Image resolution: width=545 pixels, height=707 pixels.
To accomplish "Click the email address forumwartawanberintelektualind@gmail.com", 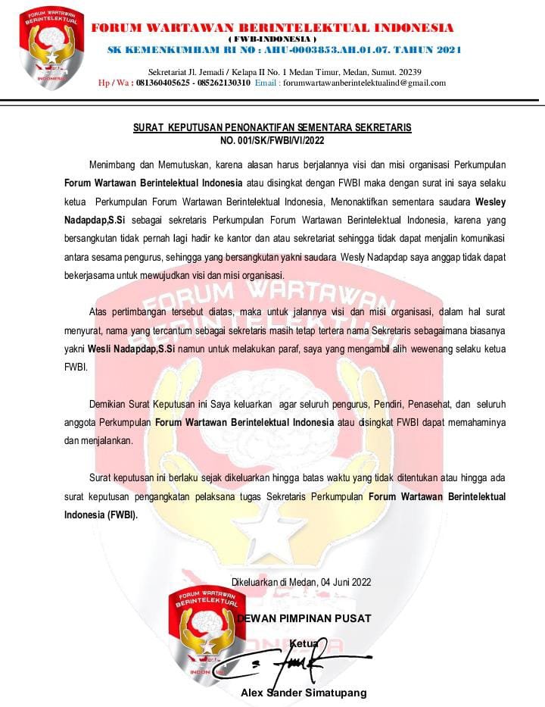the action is click(364, 83).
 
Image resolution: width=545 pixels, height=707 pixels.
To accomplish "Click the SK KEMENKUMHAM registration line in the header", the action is click(284, 50).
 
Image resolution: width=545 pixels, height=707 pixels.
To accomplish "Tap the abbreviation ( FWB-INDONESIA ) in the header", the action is click(272, 39).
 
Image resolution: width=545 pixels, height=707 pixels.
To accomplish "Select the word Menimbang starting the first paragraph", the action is click(114, 164).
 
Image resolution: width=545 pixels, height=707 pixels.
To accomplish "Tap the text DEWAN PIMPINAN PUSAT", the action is click(304, 618).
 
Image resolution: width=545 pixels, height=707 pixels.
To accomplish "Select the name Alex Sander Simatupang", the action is click(304, 693).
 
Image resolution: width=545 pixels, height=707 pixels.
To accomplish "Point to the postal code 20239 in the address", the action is click(409, 71).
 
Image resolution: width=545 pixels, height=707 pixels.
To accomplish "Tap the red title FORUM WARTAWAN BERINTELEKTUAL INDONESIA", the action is click(273, 28).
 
